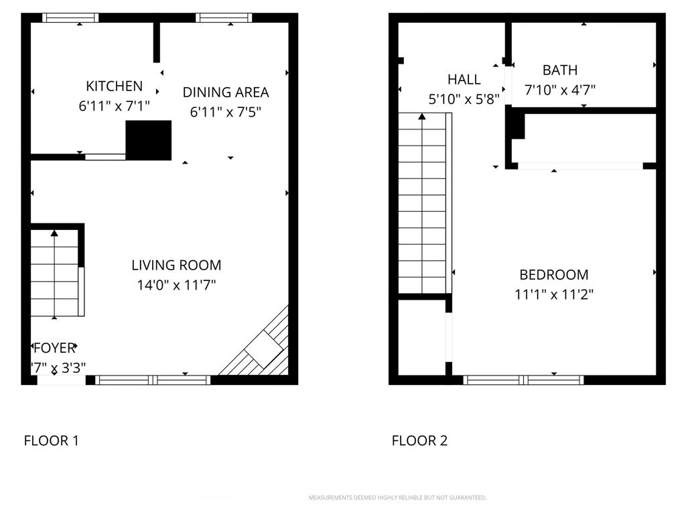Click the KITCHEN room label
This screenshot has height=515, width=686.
pos(114,86)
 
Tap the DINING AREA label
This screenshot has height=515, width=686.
pos(226,93)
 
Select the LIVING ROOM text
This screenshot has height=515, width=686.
pos(176,265)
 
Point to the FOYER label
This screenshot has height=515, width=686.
pos(54,348)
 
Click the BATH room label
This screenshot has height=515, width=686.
pos(559,70)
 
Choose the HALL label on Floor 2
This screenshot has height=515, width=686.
pos(464,80)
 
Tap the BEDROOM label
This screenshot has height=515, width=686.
pos(554,274)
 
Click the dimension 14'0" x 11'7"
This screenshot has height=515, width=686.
pos(176,285)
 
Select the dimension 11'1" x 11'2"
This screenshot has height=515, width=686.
pos(554,294)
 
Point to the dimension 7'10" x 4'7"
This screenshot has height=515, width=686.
pos(560,90)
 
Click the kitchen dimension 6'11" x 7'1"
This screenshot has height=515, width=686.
pos(114,105)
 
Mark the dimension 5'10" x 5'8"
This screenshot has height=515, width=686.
pos(464,99)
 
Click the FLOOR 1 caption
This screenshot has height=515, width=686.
pos(51,441)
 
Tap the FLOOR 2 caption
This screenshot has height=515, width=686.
pos(419,441)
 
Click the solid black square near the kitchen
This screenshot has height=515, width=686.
pos(149,140)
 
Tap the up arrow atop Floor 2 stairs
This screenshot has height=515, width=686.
pos(422,117)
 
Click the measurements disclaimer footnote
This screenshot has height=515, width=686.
pos(397,498)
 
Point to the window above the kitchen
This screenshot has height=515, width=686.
pos(70,18)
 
